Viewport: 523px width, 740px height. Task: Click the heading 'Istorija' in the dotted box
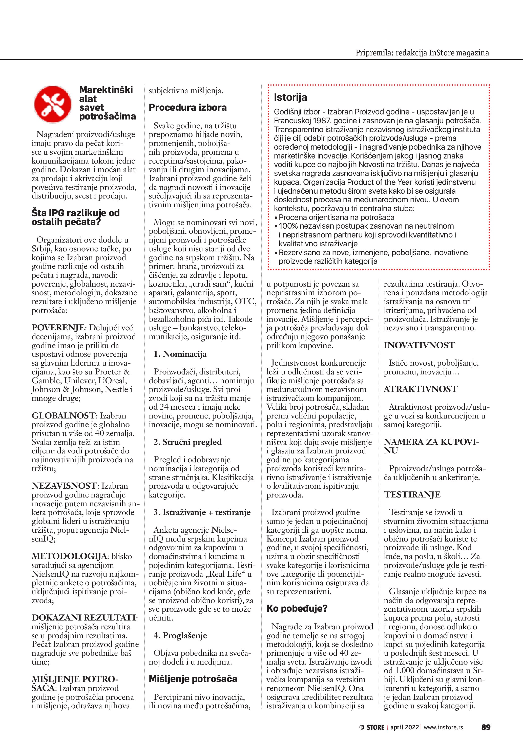click(290, 97)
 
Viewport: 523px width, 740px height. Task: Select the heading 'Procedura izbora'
click(187, 108)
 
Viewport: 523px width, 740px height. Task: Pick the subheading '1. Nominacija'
click(180, 354)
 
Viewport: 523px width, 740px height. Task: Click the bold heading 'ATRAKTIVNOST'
click(420, 389)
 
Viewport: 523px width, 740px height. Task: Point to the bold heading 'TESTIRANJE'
click(412, 495)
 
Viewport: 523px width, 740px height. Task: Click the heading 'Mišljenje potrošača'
click(193, 679)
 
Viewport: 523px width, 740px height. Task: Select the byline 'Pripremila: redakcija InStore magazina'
click(422, 53)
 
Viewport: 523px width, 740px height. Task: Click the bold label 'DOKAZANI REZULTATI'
click(83, 618)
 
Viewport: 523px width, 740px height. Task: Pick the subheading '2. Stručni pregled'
click(187, 442)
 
